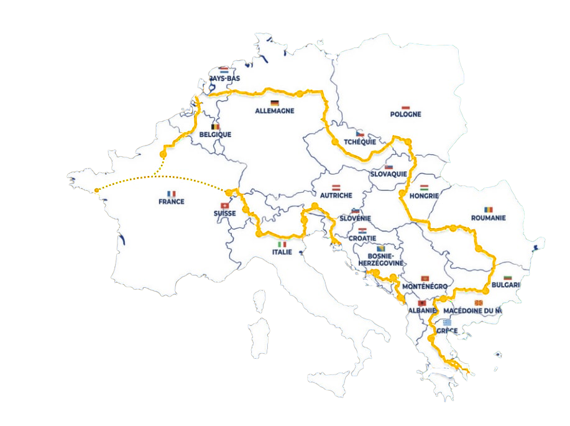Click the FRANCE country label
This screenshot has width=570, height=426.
[x=171, y=201]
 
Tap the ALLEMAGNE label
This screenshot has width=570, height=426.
[x=274, y=111]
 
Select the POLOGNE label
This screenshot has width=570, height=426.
[x=405, y=114]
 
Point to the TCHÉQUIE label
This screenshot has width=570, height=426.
[x=359, y=142]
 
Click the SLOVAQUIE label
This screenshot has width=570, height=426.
[x=388, y=174]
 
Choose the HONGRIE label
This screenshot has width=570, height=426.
[x=425, y=196]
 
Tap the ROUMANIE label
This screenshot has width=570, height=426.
[x=488, y=218]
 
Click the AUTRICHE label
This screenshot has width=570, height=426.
[x=336, y=195]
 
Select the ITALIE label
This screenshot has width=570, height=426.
[x=282, y=252]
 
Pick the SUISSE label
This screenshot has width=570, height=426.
[x=224, y=213]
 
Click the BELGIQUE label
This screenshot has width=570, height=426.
[x=215, y=134]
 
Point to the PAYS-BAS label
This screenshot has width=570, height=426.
[x=224, y=79]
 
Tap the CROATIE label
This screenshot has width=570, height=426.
[x=362, y=238]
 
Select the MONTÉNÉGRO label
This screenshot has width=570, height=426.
[x=425, y=286]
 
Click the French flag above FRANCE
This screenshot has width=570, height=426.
[x=172, y=193]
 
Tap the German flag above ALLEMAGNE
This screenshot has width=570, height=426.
[x=274, y=103]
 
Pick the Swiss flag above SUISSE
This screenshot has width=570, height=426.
[x=224, y=206]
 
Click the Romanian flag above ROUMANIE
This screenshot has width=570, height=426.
[x=489, y=210]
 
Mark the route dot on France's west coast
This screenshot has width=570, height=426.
[x=96, y=190]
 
